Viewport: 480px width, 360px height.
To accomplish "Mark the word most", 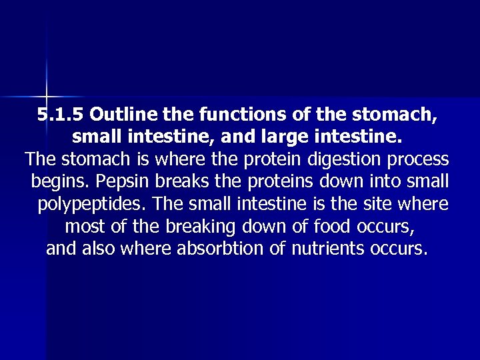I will (85, 227).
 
